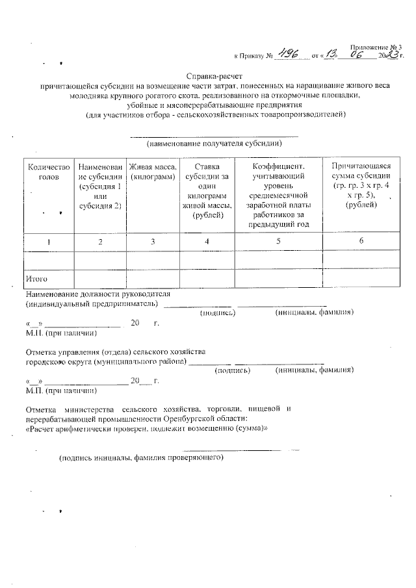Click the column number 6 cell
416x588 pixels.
[361, 241]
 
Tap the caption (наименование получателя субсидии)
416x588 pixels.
[214, 143]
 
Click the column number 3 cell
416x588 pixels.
[153, 241]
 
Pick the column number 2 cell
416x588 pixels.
[100, 241]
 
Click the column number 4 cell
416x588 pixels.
[207, 241]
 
